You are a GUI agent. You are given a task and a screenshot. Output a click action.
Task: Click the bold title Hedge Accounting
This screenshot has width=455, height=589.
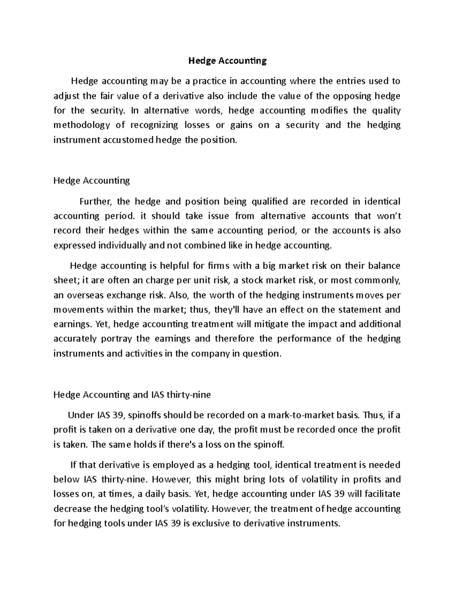tap(228, 61)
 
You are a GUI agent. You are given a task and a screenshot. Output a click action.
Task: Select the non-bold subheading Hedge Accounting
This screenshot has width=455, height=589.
tap(92, 181)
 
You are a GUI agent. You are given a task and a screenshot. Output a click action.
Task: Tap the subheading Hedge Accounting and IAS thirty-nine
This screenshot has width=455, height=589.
tap(132, 395)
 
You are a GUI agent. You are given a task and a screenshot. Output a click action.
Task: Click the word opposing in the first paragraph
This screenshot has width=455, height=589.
tap(352, 96)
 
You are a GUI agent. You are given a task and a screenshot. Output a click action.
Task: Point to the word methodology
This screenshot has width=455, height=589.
tap(82, 125)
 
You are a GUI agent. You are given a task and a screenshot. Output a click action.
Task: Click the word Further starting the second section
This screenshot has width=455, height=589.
tap(95, 201)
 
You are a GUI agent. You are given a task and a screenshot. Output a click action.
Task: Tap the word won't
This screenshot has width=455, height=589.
tap(389, 216)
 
